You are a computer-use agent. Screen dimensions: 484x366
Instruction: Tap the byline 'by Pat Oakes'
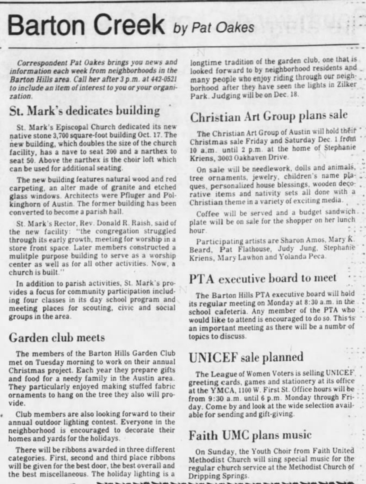[x=213, y=28]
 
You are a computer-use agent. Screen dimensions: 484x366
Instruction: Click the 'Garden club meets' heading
[x=57, y=338]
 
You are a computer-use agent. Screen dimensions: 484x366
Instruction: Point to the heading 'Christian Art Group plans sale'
[x=269, y=116]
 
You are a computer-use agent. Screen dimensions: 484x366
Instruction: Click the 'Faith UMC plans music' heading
[x=250, y=435]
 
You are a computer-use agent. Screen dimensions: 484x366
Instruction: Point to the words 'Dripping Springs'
[x=219, y=476]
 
